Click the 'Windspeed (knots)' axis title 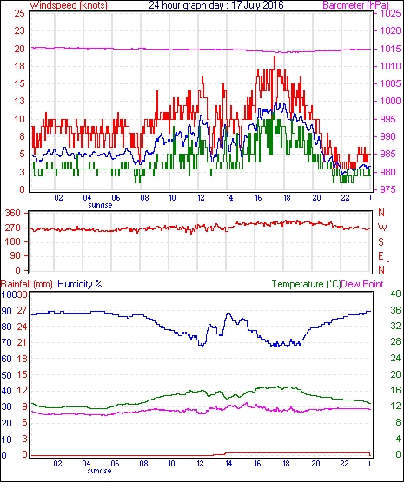pyautogui.click(x=69, y=5)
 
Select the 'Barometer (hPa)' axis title pyautogui.click(x=355, y=5)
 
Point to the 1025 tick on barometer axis pyautogui.click(x=390, y=13)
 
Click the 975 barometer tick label pyautogui.click(x=388, y=189)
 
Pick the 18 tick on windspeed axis pyautogui.click(x=20, y=66)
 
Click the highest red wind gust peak pyautogui.click(x=275, y=56)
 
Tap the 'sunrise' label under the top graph pyautogui.click(x=100, y=205)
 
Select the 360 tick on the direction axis pyautogui.click(x=12, y=214)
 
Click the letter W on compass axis pyautogui.click(x=382, y=228)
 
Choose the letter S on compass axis pyautogui.click(x=381, y=242)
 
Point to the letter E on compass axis pyautogui.click(x=381, y=256)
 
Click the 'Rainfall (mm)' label pyautogui.click(x=27, y=284)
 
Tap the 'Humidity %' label pyautogui.click(x=80, y=284)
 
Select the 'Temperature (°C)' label pyautogui.click(x=306, y=284)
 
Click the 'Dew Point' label pyautogui.click(x=362, y=284)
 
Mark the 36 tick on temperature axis pyautogui.click(x=395, y=310)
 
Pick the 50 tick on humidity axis pyautogui.click(x=7, y=375)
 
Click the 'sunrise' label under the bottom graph pyautogui.click(x=99, y=471)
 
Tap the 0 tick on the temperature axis pyautogui.click(x=398, y=454)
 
